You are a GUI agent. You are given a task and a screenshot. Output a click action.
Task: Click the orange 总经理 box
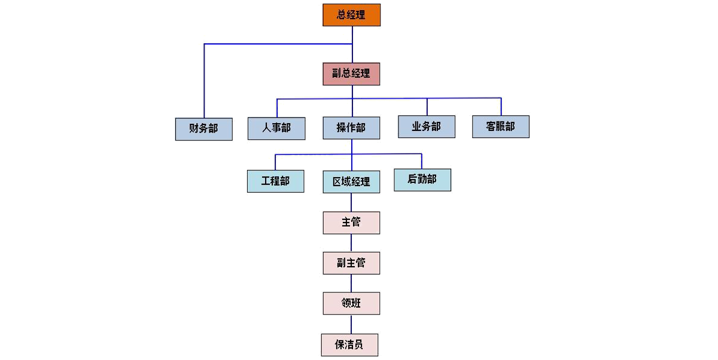click(351, 15)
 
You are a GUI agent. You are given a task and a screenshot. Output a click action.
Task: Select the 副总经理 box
click(351, 74)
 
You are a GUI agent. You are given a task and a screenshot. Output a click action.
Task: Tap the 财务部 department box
click(203, 129)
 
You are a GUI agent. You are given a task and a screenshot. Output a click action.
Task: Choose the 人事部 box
click(276, 128)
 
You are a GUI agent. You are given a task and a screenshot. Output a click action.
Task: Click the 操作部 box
click(351, 127)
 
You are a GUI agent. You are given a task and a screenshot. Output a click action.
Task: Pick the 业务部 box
click(427, 127)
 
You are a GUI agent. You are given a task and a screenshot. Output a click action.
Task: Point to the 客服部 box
click(500, 127)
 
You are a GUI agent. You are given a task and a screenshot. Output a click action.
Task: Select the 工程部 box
click(275, 181)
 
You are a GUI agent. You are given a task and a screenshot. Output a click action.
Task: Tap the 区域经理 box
click(351, 182)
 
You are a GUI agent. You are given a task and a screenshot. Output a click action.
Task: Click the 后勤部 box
click(422, 180)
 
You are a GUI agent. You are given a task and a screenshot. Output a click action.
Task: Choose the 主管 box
click(351, 222)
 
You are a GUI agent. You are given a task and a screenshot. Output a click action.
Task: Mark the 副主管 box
click(351, 263)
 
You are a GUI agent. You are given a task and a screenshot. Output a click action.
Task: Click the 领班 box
click(351, 303)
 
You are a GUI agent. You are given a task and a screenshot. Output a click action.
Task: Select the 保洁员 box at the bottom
click(349, 345)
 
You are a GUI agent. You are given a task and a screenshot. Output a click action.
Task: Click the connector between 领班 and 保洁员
click(351, 324)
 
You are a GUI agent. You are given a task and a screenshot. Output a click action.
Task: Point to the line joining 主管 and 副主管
click(351, 243)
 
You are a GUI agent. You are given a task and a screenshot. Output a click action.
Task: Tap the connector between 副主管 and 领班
click(351, 283)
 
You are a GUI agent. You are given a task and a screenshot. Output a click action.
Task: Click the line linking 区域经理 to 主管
click(351, 202)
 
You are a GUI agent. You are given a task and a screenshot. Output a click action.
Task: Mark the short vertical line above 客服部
click(501, 106)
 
